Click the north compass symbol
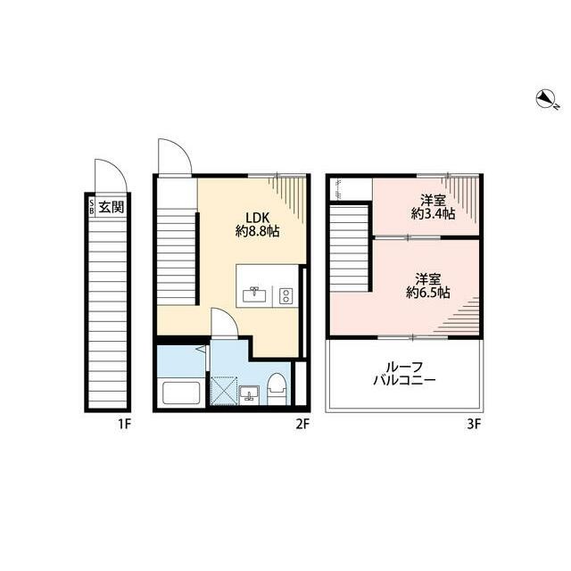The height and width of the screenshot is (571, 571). (x=546, y=99)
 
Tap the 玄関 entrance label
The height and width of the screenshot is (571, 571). (x=112, y=207)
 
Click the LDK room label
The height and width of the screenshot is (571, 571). (x=258, y=218)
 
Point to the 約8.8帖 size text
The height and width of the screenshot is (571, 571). (x=258, y=231)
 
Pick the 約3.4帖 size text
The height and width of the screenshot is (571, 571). (x=433, y=214)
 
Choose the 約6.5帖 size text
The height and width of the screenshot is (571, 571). (x=428, y=293)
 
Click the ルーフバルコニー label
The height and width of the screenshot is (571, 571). (x=404, y=373)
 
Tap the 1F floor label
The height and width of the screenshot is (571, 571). (x=124, y=425)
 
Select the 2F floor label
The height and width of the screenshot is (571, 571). (x=302, y=425)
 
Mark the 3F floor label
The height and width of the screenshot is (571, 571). (x=475, y=425)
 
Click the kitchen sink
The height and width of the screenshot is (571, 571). (x=254, y=294)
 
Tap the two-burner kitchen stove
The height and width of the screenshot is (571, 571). (x=285, y=296)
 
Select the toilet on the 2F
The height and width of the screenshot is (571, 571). (x=276, y=389)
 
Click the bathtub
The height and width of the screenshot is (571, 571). (x=181, y=393)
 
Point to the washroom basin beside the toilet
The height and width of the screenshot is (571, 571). (x=250, y=393)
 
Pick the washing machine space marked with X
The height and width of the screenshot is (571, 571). (x=224, y=391)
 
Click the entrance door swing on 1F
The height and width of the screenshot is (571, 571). (x=111, y=176)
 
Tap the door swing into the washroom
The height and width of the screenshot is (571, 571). (x=224, y=322)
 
